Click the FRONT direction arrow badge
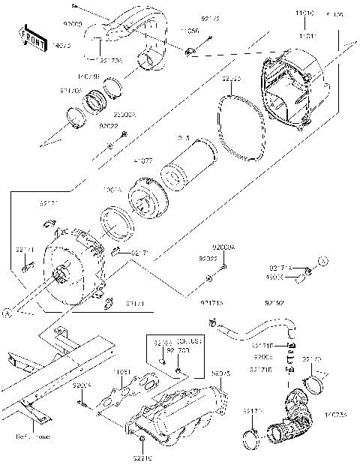tap(30, 34)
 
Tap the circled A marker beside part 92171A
tap(323, 261)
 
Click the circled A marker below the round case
tap(7, 315)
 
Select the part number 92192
tap(274, 304)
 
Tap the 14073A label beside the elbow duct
tap(337, 435)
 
